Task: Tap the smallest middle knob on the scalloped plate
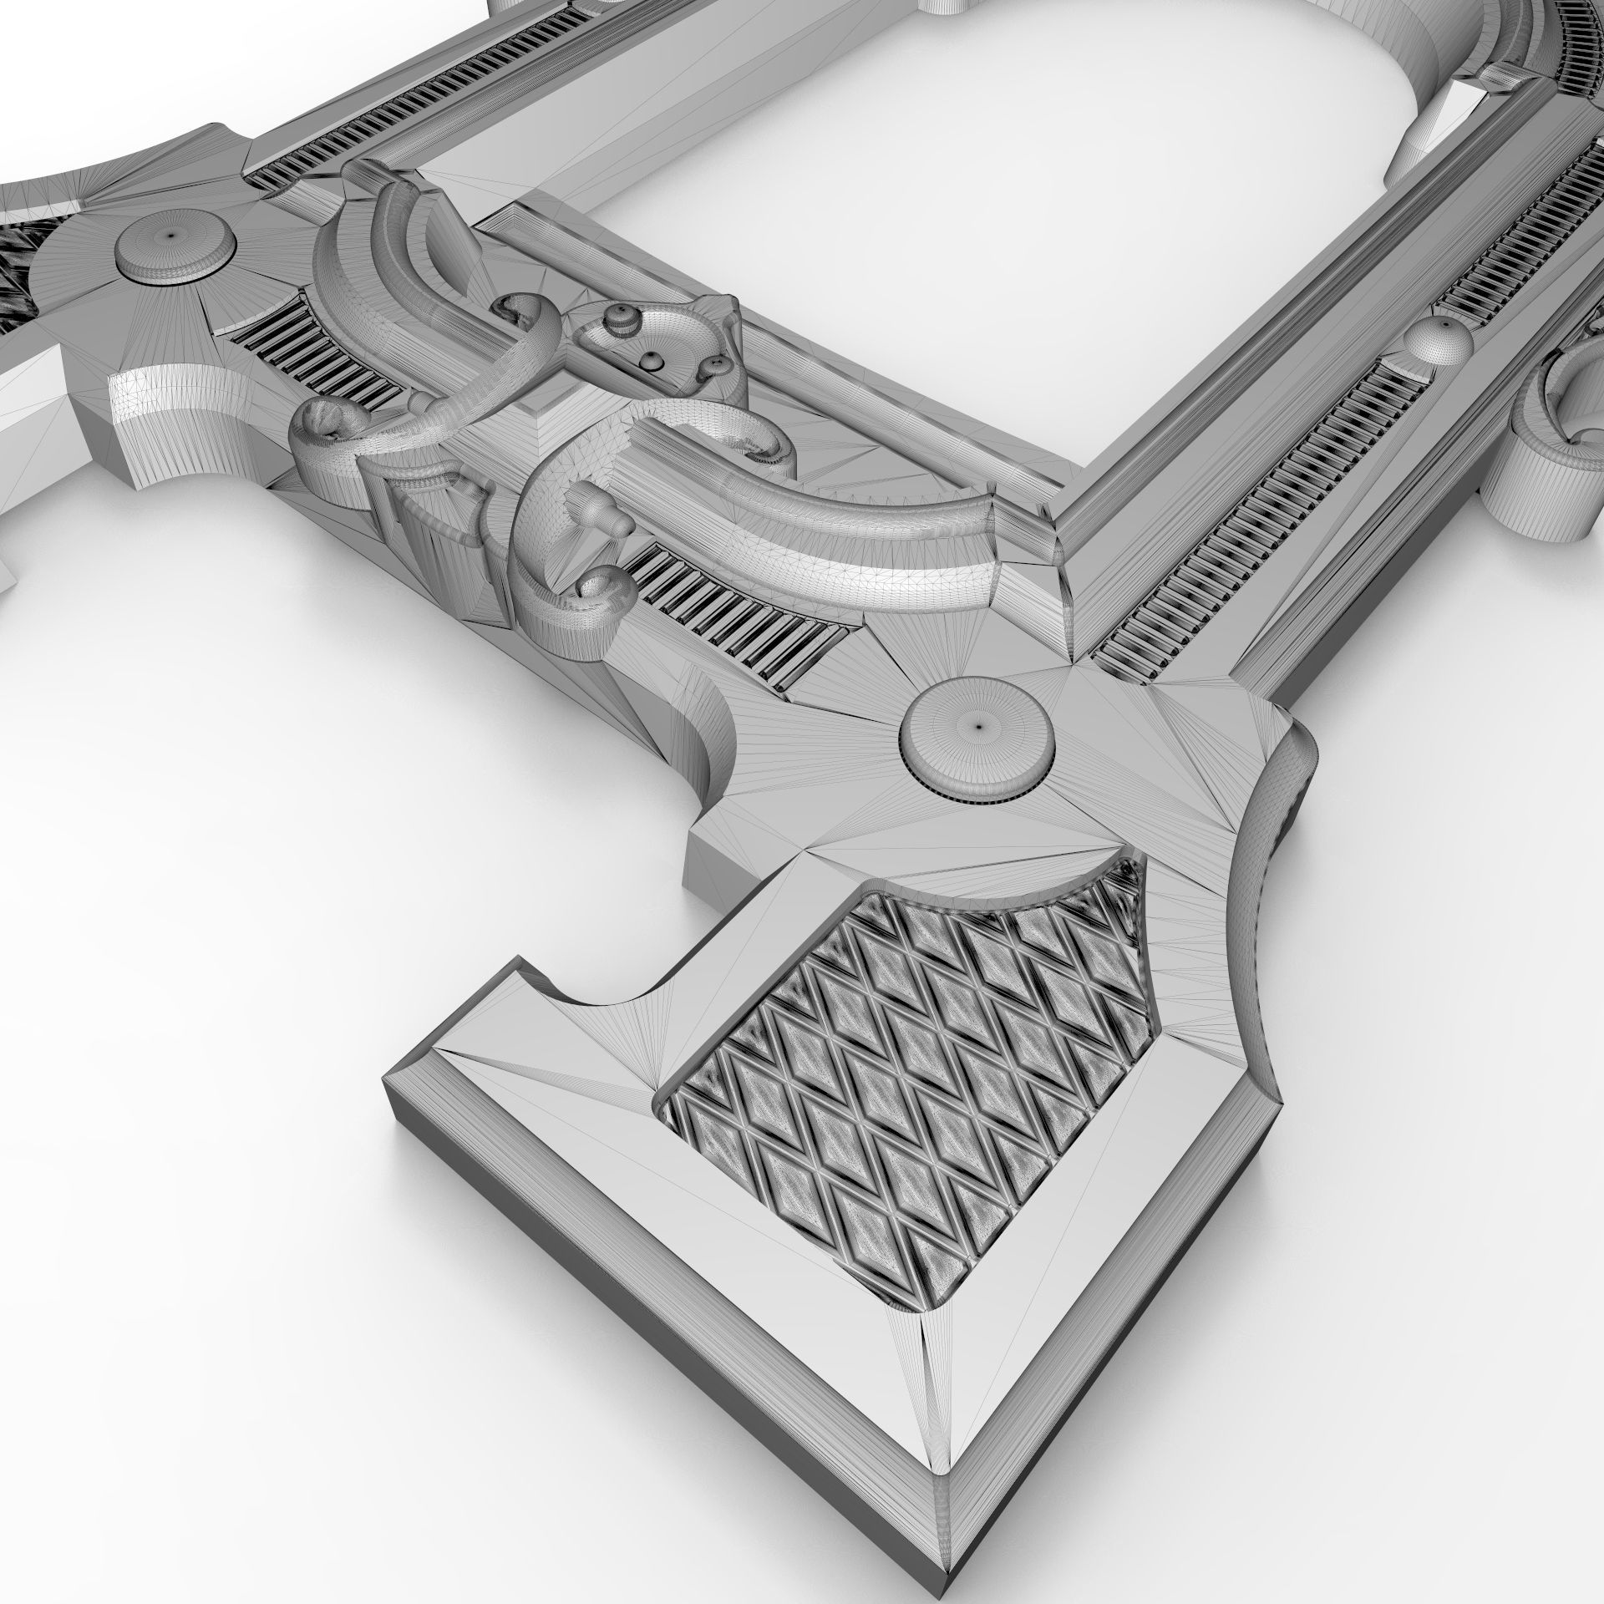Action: click(651, 359)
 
